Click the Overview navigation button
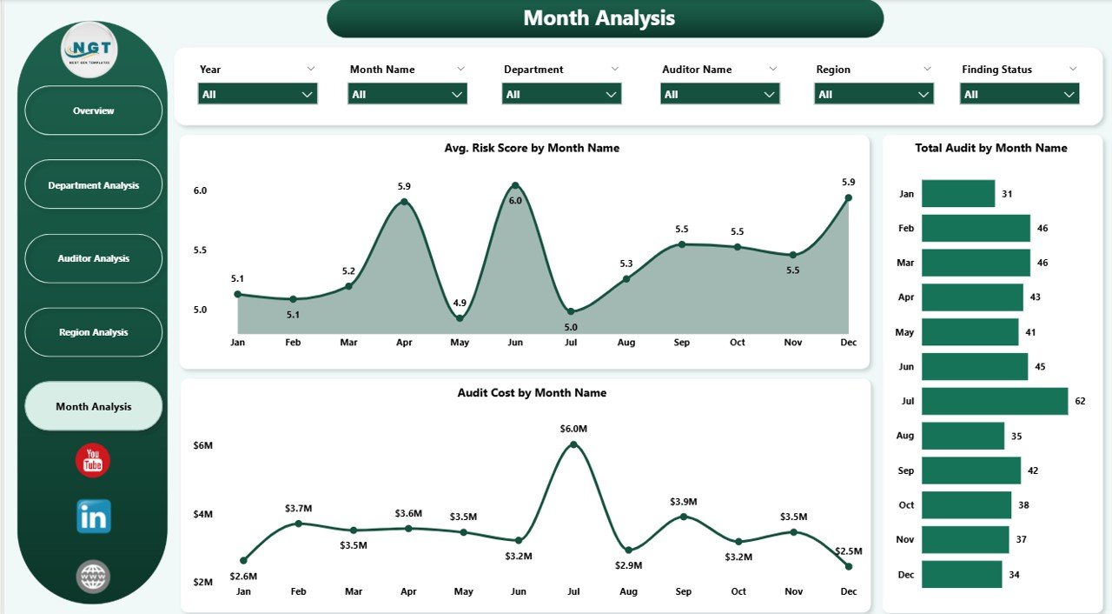pos(94,110)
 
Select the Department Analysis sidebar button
pos(94,185)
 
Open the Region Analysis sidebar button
pos(94,332)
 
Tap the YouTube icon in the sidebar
pos(93,461)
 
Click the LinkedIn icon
pos(94,517)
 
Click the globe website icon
pos(93,576)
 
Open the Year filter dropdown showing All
pos(257,94)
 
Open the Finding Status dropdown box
pos(1019,94)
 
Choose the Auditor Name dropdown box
pos(719,94)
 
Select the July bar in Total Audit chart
pos(994,401)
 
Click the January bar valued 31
pos(957,194)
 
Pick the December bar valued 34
pos(961,574)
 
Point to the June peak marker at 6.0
pos(515,185)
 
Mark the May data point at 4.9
pos(460,318)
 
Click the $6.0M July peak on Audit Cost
pos(573,444)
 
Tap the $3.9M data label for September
pos(683,502)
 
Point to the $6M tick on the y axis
pos(202,445)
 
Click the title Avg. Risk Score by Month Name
pos(532,148)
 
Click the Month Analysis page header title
pos(599,18)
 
